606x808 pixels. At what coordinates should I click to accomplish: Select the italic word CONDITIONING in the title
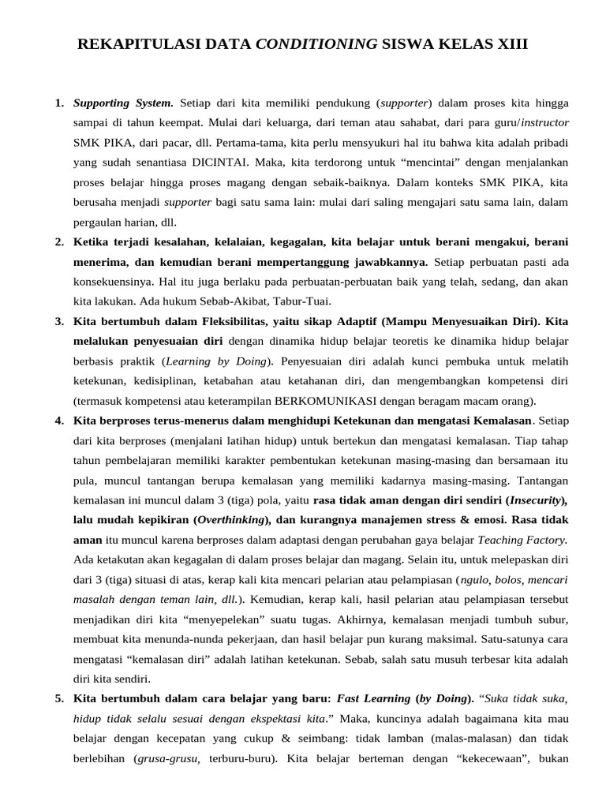(x=317, y=45)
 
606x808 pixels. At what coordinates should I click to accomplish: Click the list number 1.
(x=59, y=103)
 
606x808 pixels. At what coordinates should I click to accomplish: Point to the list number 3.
(x=59, y=322)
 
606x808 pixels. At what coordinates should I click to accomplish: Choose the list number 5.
(x=59, y=698)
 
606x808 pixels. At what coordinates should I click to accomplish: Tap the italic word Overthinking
(x=231, y=520)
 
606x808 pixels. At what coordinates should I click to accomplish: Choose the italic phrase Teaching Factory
(x=523, y=541)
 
